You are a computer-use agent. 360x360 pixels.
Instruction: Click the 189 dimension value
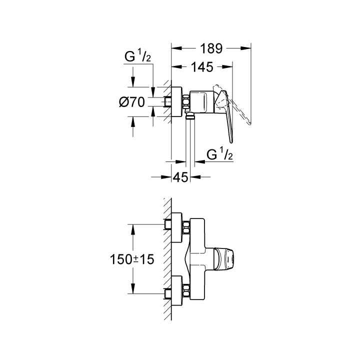coord(211,48)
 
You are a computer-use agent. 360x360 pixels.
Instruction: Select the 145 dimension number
coord(202,67)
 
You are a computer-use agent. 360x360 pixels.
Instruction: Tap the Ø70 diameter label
coord(132,102)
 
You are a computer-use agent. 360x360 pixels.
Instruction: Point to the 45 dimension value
coord(180,177)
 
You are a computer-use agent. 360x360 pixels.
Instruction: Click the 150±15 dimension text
coord(132,259)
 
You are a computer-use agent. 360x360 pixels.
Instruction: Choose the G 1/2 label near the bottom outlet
coord(219,154)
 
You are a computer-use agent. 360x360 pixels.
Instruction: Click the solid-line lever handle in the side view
coord(226,115)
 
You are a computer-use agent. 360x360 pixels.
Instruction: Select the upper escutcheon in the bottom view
coord(177,227)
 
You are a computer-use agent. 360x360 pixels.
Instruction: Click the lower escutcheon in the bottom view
coord(177,290)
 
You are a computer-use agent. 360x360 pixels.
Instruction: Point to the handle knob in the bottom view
coord(224,259)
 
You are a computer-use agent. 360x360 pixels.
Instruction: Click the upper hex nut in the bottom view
coord(186,227)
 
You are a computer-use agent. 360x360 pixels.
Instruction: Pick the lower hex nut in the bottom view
coord(186,290)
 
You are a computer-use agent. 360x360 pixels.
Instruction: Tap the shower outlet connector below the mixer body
coord(190,115)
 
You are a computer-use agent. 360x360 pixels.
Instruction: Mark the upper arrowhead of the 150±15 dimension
coord(132,229)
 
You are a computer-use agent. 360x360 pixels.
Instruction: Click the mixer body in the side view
coord(202,101)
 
